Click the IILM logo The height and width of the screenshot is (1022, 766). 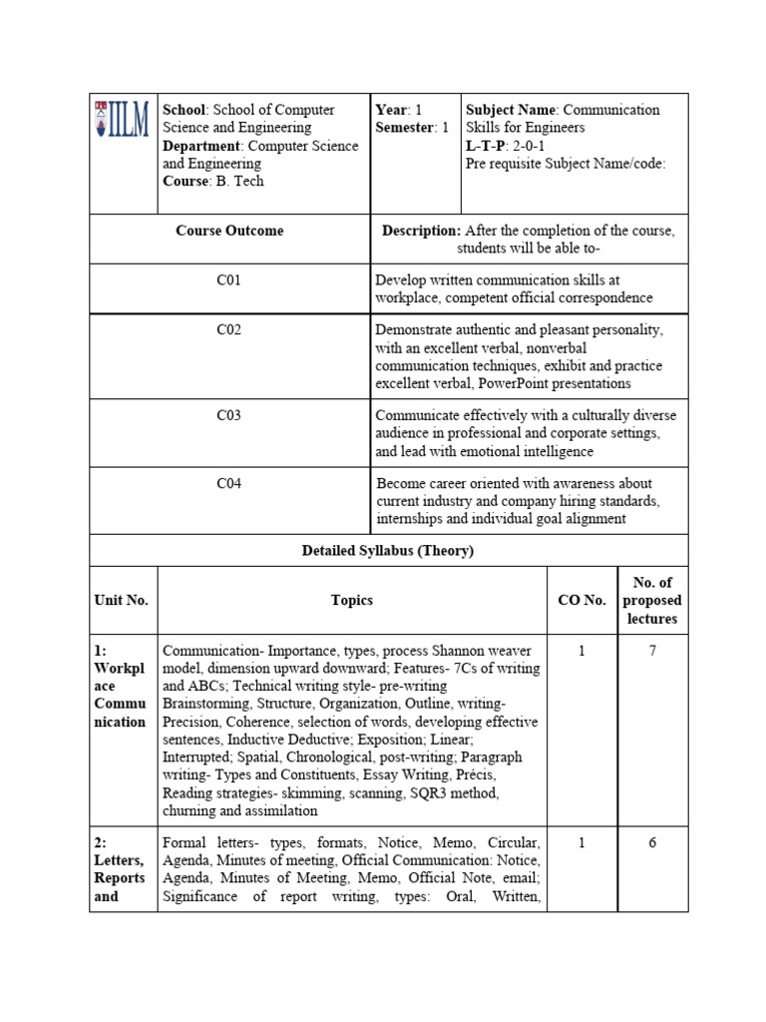tap(123, 119)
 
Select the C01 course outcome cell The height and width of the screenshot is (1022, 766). tap(228, 280)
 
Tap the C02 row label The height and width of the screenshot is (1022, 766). tap(228, 329)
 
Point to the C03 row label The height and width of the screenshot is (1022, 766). tap(228, 415)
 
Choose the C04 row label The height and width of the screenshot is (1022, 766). tap(228, 484)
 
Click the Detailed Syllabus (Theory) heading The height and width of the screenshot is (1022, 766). tap(388, 550)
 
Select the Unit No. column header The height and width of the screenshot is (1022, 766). tap(121, 600)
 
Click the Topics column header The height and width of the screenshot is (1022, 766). tap(351, 600)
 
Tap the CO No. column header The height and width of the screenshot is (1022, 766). tap(581, 600)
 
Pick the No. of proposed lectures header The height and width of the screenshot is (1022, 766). tap(652, 600)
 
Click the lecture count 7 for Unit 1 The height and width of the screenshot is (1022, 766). tap(652, 651)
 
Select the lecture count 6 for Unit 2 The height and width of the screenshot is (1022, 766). tap(652, 842)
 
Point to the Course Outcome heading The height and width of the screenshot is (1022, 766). tap(229, 231)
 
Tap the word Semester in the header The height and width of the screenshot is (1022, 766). tap(405, 128)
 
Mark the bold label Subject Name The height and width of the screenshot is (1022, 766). tap(510, 110)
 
